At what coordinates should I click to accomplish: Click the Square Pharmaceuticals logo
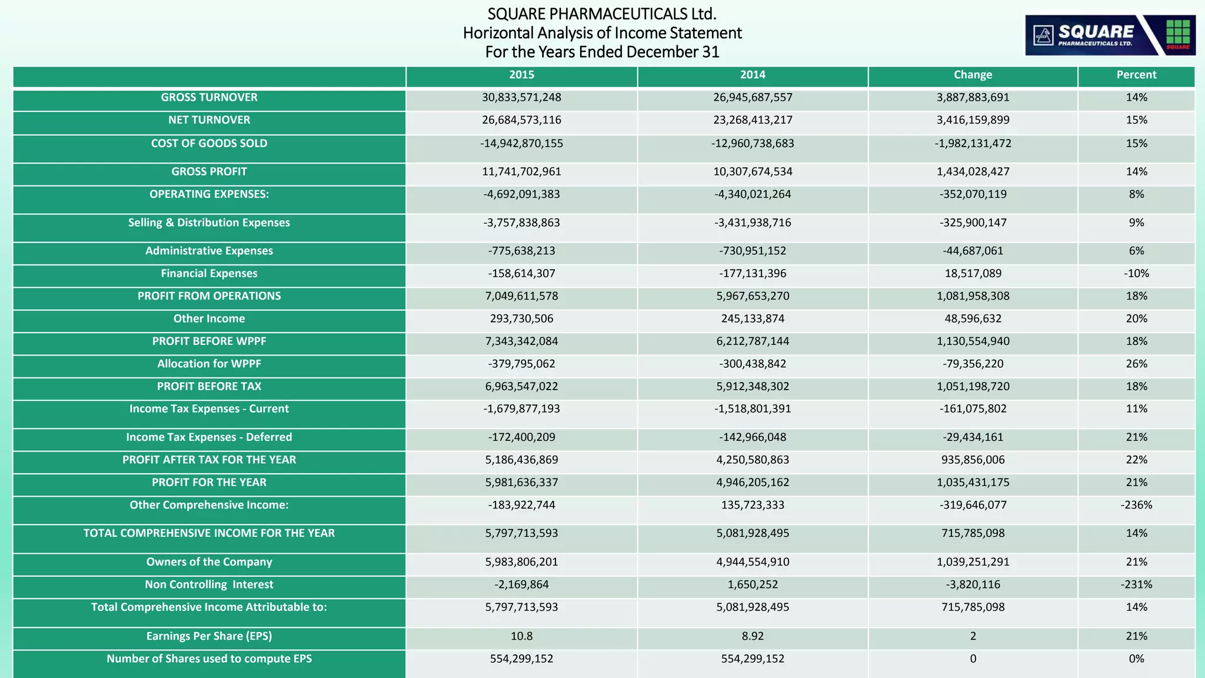[x=1110, y=35]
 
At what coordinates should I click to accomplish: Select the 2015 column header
[x=521, y=75]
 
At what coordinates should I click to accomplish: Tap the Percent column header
[x=1136, y=75]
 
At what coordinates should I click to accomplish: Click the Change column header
[x=973, y=75]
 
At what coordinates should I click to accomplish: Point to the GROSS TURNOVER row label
[x=209, y=98]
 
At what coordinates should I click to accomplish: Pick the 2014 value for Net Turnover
[x=753, y=120]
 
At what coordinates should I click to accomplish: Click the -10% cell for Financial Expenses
[x=1136, y=274]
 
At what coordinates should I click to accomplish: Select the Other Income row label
[x=209, y=319]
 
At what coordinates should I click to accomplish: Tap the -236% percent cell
[x=1136, y=505]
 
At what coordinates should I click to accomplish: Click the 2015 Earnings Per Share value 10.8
[x=521, y=636]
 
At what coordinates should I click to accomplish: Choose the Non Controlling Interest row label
[x=209, y=584]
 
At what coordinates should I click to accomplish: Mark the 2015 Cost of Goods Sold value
[x=521, y=144]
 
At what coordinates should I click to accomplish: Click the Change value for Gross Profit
[x=973, y=172]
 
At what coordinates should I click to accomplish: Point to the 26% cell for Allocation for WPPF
[x=1136, y=364]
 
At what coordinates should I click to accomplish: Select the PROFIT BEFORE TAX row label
[x=209, y=387]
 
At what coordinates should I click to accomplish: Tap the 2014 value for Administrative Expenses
[x=753, y=251]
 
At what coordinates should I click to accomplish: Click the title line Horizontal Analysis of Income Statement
[x=602, y=33]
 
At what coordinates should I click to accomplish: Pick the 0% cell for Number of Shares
[x=1136, y=659]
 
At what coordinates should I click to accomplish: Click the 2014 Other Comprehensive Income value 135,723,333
[x=753, y=505]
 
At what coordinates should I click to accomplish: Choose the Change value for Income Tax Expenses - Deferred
[x=973, y=437]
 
